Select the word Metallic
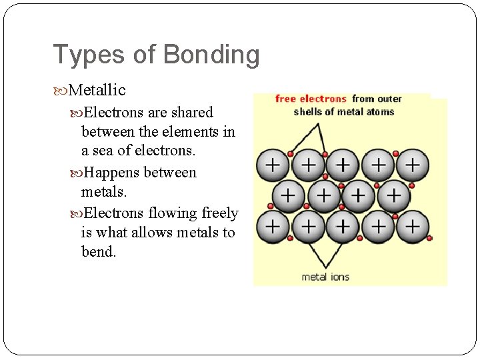[x=97, y=89]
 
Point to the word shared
[x=191, y=112]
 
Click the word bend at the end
[x=99, y=253]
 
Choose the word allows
[x=152, y=233]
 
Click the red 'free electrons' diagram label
[x=311, y=99]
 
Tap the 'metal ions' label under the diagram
[x=325, y=277]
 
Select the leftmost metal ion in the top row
[x=272, y=164]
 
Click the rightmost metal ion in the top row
[x=413, y=164]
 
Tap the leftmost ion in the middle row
[x=289, y=195]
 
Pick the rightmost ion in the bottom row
[x=413, y=227]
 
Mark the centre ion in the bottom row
[x=343, y=227]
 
